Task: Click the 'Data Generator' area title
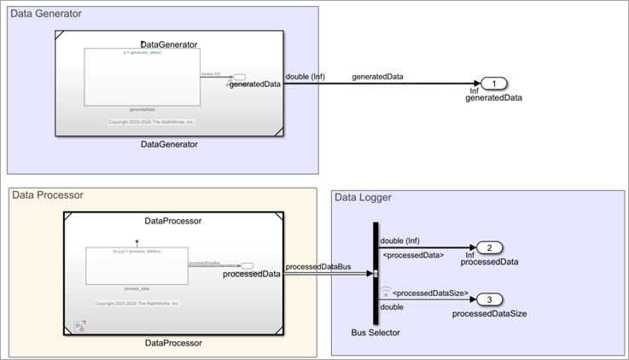pyautogui.click(x=46, y=14)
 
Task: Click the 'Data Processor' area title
pyautogui.click(x=48, y=195)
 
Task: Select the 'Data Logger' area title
pyautogui.click(x=363, y=198)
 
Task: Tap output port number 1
pyautogui.click(x=495, y=83)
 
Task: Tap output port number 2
pyautogui.click(x=489, y=248)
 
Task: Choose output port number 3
pyautogui.click(x=489, y=299)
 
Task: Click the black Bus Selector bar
pyautogui.click(x=376, y=273)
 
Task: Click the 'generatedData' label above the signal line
pyautogui.click(x=377, y=77)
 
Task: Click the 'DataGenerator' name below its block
pyautogui.click(x=169, y=144)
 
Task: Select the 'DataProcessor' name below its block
pyautogui.click(x=173, y=343)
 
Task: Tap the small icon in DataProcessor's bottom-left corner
pyautogui.click(x=79, y=326)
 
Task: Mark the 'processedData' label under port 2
pyautogui.click(x=489, y=262)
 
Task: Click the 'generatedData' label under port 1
pyautogui.click(x=493, y=97)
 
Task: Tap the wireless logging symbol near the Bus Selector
pyautogui.click(x=386, y=291)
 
